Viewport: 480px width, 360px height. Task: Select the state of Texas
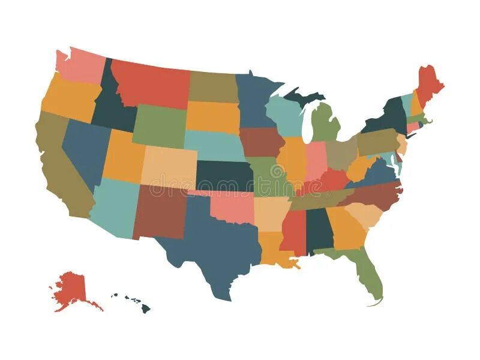216,240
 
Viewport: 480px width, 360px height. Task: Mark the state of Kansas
224,175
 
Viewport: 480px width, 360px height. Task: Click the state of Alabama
319,231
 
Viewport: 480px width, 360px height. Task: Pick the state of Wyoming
159,126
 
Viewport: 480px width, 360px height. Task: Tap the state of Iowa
262,142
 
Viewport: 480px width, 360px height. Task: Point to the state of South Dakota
213,116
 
